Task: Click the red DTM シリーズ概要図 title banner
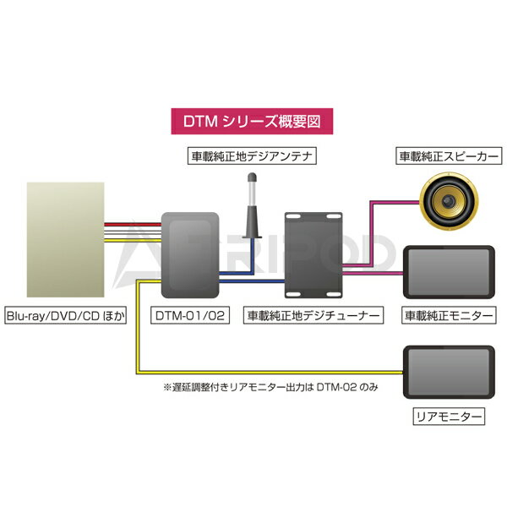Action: point(253,121)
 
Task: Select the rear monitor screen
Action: point(448,369)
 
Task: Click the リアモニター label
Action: point(448,417)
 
